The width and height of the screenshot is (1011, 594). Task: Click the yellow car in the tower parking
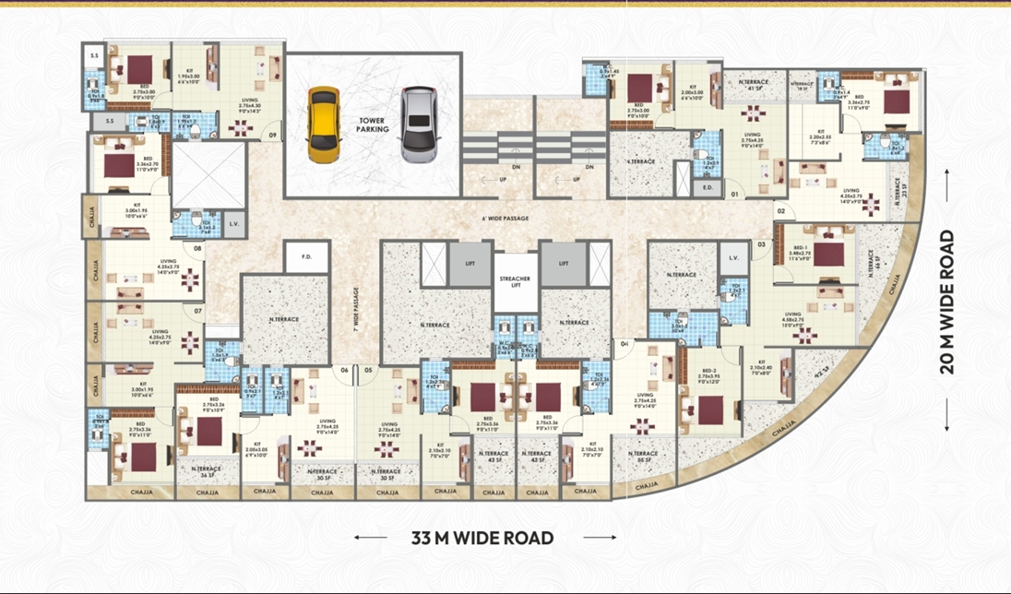323,125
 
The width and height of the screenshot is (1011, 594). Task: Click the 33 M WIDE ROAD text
482,537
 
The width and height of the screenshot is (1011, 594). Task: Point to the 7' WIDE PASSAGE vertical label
353,309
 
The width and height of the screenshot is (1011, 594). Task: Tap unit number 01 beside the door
734,195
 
